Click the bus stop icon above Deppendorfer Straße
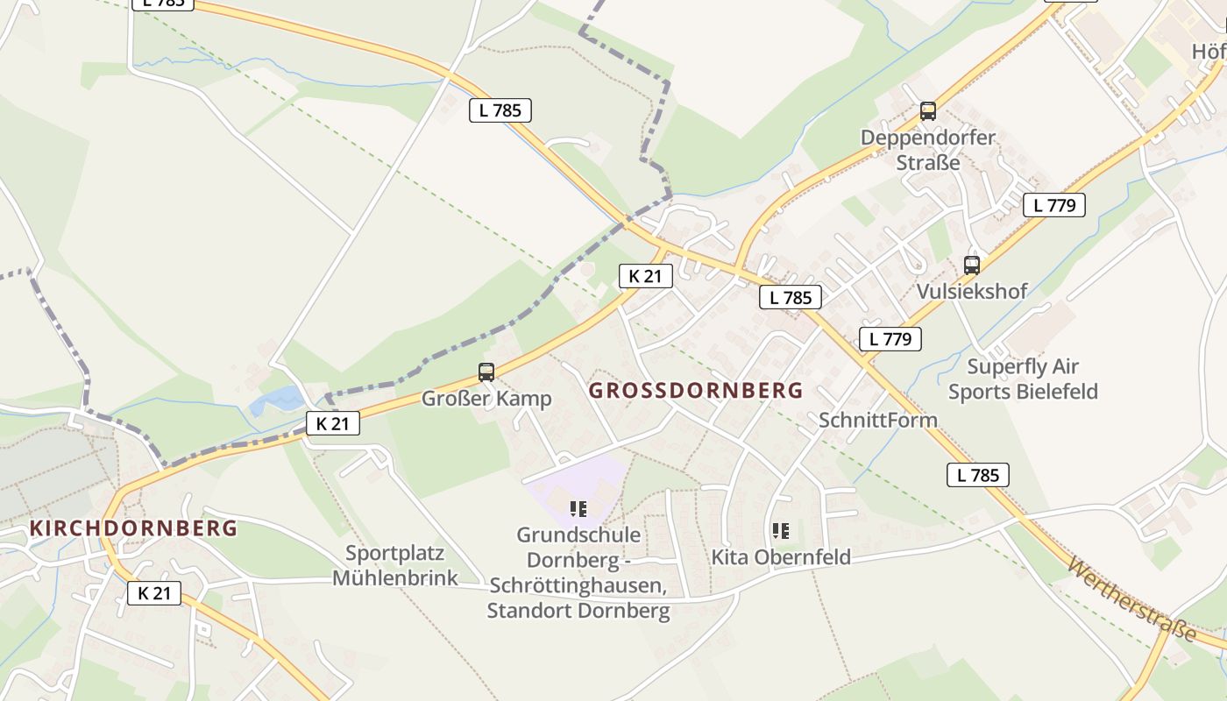pyautogui.click(x=928, y=111)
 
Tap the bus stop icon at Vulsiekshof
pyautogui.click(x=971, y=265)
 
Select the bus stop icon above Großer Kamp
pyautogui.click(x=486, y=372)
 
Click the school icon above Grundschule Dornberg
pyautogui.click(x=578, y=508)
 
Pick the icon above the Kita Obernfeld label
pyautogui.click(x=781, y=530)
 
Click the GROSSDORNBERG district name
pyautogui.click(x=696, y=391)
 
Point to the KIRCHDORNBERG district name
pyautogui.click(x=133, y=528)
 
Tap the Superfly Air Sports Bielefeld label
pyautogui.click(x=1023, y=379)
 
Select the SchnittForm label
pyautogui.click(x=878, y=420)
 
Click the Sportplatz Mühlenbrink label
pyautogui.click(x=395, y=565)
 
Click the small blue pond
pyautogui.click(x=276, y=401)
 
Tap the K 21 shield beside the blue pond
pyautogui.click(x=333, y=424)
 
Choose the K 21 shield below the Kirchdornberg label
pyautogui.click(x=154, y=593)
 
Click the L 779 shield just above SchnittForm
pyautogui.click(x=890, y=339)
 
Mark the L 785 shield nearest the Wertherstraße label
pyautogui.click(x=978, y=476)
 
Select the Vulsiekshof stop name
pyautogui.click(x=971, y=291)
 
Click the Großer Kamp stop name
pyautogui.click(x=486, y=399)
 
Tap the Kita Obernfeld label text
pyautogui.click(x=781, y=557)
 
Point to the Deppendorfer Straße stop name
pyautogui.click(x=928, y=150)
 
